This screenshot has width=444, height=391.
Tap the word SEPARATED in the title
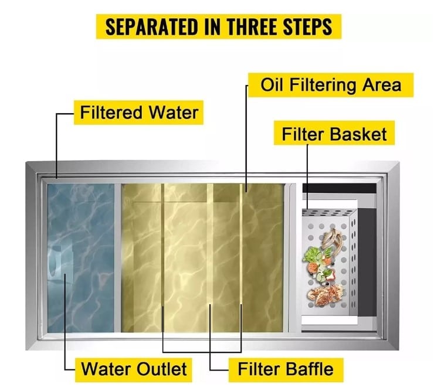(x=151, y=26)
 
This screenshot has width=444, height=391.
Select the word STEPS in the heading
(x=307, y=26)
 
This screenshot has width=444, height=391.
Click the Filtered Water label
(x=139, y=113)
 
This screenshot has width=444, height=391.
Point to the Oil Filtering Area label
(x=331, y=85)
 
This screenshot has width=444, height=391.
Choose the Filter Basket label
(x=334, y=133)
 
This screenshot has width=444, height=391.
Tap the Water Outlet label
(x=134, y=369)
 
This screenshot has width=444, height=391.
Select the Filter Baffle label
(x=286, y=369)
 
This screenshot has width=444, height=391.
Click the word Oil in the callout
(x=272, y=84)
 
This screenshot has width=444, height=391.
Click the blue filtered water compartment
(x=81, y=258)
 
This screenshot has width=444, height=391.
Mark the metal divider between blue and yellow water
(x=118, y=258)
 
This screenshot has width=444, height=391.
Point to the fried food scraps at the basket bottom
(x=325, y=295)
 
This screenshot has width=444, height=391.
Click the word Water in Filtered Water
(x=174, y=113)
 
